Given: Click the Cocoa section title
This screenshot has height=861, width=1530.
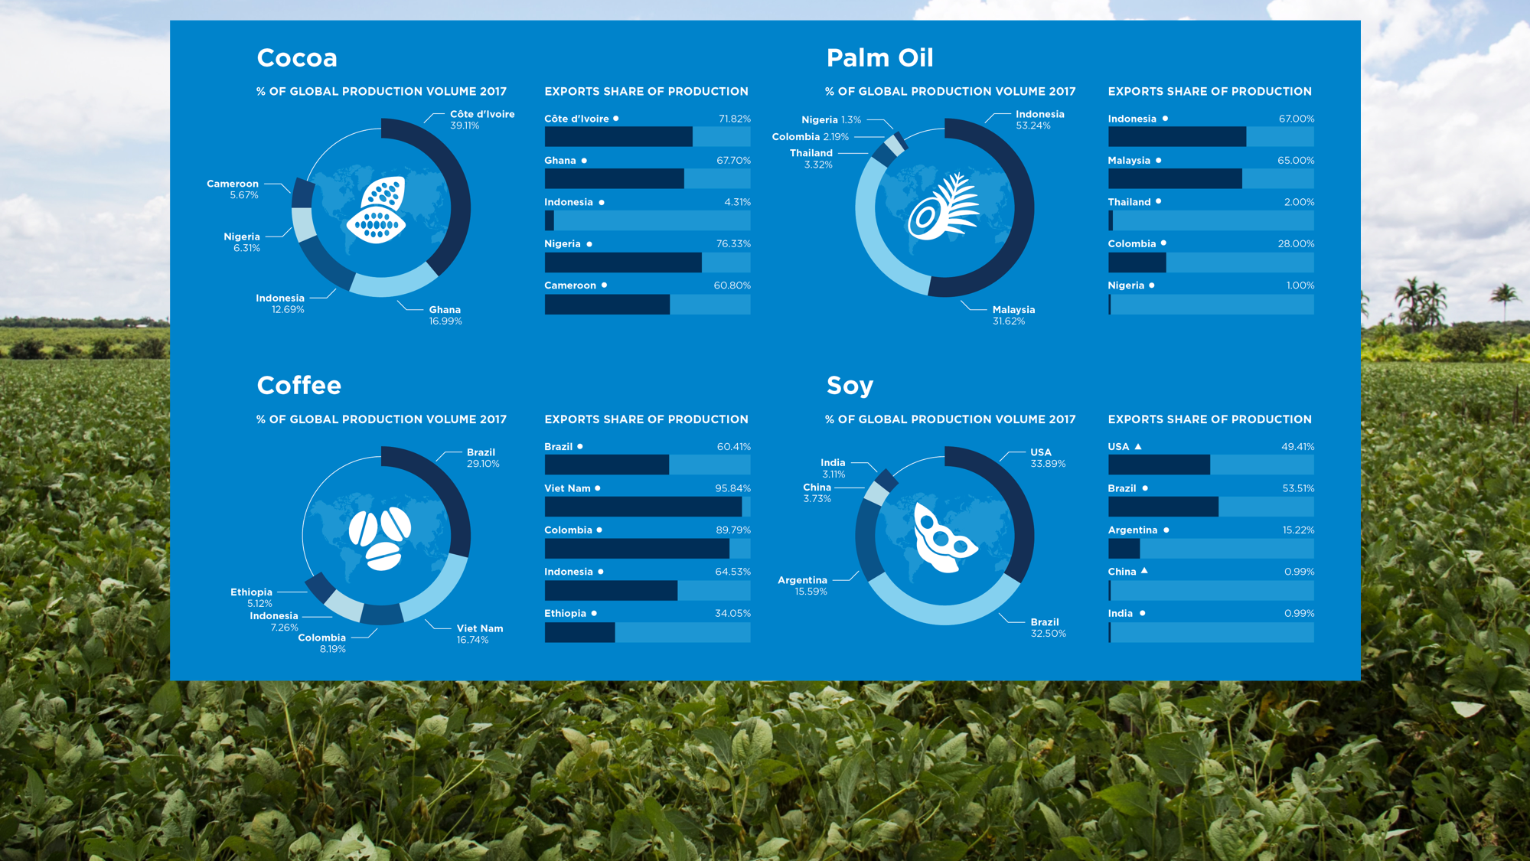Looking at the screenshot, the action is point(297,58).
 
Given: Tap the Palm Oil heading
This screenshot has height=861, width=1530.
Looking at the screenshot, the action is point(879,58).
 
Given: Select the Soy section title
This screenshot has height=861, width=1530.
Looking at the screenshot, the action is point(850,386).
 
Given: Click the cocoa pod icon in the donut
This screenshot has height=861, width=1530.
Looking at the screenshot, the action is point(377,210).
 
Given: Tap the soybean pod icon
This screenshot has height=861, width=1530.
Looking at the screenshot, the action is point(943,537).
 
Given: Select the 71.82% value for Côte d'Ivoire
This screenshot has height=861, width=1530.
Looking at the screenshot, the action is point(734,119).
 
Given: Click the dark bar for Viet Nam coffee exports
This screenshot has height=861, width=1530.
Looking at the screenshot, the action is point(643,507).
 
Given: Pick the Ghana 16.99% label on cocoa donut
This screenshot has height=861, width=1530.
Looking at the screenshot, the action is point(445,315).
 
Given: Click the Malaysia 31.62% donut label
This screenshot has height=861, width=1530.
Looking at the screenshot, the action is point(1013,315).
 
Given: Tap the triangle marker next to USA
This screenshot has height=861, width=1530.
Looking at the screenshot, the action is point(1138,446).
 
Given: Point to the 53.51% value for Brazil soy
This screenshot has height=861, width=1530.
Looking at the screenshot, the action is point(1297,488).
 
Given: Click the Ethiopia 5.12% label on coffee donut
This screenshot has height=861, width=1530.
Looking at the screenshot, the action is point(251,598).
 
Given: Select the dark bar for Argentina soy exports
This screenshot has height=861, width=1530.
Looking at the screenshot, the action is point(1124,549).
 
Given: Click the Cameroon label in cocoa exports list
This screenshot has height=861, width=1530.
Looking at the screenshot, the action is point(570,285).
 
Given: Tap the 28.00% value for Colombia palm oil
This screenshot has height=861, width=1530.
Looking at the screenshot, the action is point(1296,244).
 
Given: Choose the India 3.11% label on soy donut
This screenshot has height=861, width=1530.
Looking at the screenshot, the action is point(833,468).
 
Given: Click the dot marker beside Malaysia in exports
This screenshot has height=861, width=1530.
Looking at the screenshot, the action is point(1158,161).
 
